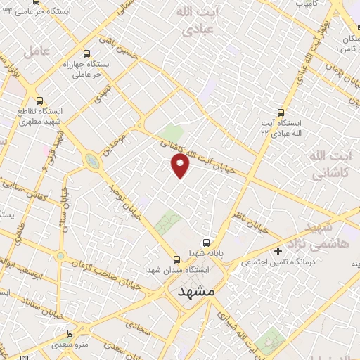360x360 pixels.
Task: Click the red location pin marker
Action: click(x=181, y=167)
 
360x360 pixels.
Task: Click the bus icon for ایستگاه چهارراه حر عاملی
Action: click(x=86, y=53)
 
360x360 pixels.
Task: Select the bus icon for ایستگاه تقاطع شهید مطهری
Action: click(x=39, y=100)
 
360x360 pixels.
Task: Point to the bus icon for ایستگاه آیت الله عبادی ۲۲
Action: click(x=281, y=112)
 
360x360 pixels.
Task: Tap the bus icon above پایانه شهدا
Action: click(x=205, y=240)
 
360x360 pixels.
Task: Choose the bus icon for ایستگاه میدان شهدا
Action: click(x=176, y=259)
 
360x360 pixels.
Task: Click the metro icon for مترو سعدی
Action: click(x=69, y=334)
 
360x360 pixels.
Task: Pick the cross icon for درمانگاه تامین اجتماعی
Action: click(x=278, y=251)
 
